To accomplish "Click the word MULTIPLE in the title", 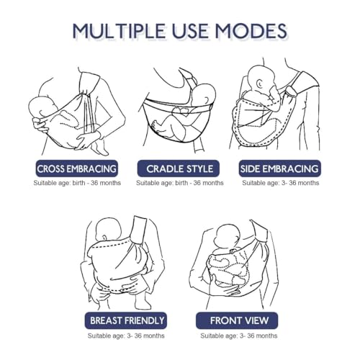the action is (x=120, y=31).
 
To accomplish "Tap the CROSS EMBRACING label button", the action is (x=77, y=168).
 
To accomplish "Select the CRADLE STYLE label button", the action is (x=179, y=168).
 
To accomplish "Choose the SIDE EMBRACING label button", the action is (x=280, y=168).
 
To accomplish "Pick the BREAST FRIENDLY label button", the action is (x=126, y=320).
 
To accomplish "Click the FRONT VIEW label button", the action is (x=237, y=320).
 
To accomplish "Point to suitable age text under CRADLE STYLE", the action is (x=180, y=183).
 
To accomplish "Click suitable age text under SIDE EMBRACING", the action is (x=281, y=183).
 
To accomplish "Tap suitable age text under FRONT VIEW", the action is (x=239, y=336).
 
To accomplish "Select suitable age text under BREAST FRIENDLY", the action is (x=126, y=336).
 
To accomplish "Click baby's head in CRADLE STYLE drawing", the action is (x=204, y=94).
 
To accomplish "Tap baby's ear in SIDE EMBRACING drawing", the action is (x=259, y=83).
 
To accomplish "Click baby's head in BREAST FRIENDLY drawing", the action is (x=109, y=230).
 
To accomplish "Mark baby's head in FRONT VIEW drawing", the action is (x=228, y=237).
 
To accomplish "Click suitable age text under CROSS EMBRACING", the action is (x=77, y=183).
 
